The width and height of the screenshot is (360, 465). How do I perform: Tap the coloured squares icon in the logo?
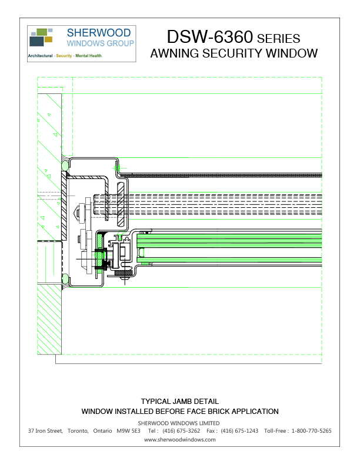41,36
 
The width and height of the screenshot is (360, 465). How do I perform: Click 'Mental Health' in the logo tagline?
88,56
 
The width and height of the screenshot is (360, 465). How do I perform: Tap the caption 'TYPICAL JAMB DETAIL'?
179,401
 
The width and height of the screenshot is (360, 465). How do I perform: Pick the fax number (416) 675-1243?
239,431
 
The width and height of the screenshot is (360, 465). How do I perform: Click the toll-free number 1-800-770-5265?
311,431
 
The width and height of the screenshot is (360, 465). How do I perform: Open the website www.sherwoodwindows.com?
179,439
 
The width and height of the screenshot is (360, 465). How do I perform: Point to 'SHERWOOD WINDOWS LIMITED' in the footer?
179,423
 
